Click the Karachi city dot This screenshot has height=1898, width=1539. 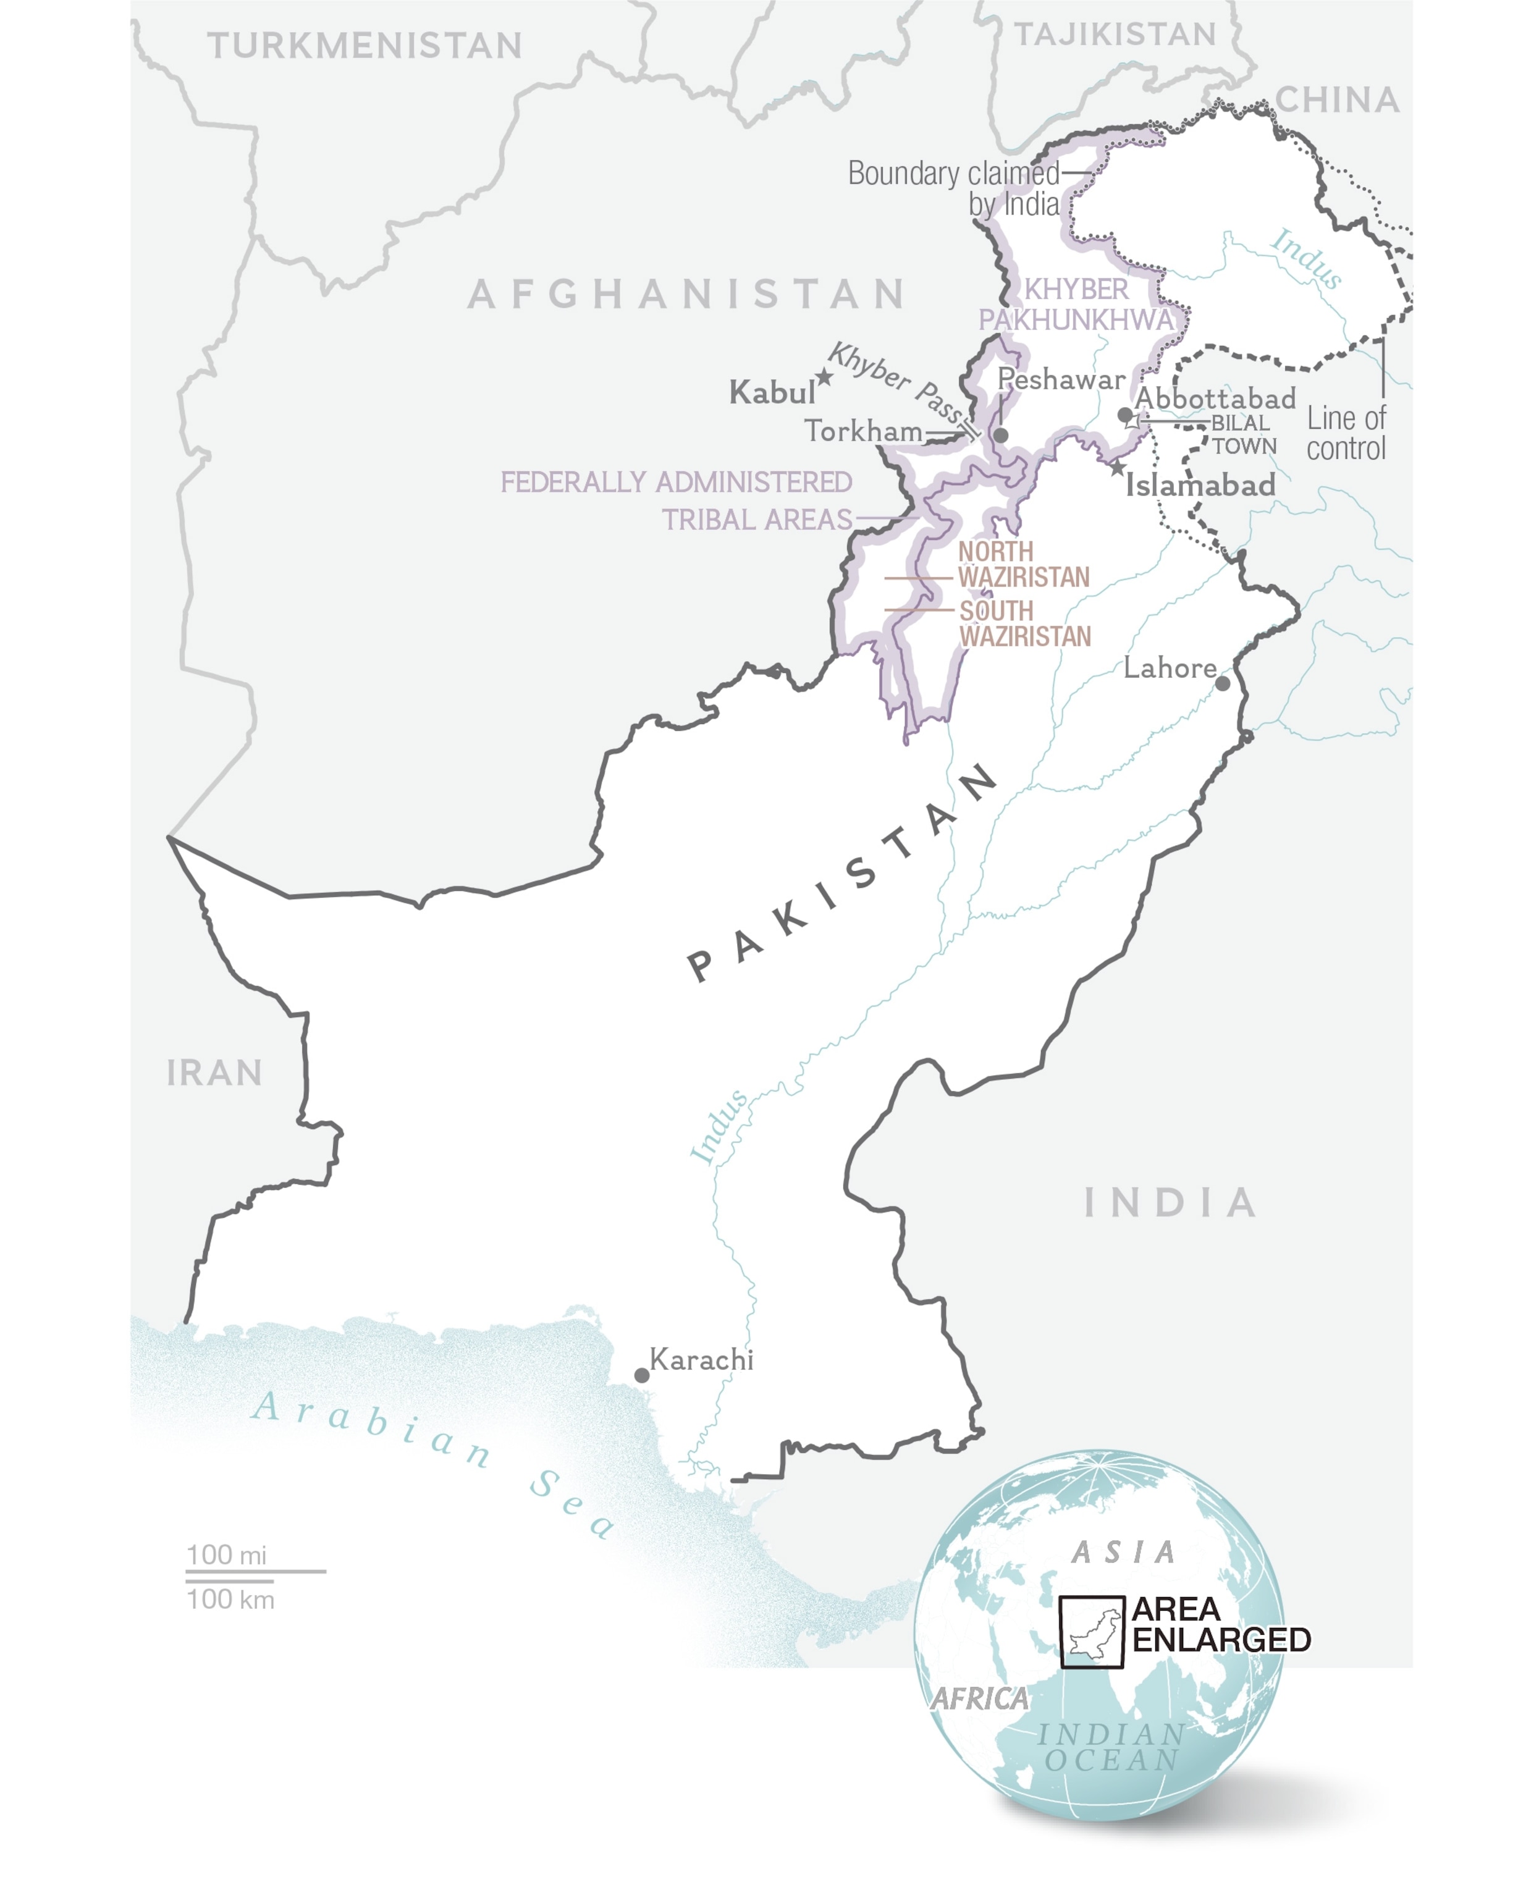[641, 1375]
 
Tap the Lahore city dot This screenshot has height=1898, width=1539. [1223, 683]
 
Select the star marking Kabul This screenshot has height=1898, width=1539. [824, 377]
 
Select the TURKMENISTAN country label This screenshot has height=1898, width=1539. [365, 46]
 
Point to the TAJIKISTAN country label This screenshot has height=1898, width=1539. [1115, 35]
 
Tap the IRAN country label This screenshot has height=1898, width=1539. [214, 1073]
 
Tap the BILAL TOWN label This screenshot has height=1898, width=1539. [1243, 434]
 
